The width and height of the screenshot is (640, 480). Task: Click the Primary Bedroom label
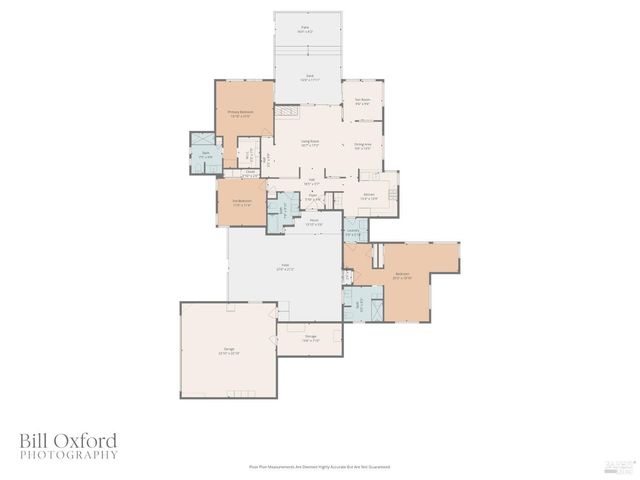pyautogui.click(x=239, y=114)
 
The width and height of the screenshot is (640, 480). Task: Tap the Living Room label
pyautogui.click(x=310, y=144)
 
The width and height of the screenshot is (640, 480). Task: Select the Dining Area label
pyautogui.click(x=362, y=145)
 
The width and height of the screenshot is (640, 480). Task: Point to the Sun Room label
pyautogui.click(x=362, y=101)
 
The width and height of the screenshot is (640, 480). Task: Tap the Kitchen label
pyautogui.click(x=368, y=197)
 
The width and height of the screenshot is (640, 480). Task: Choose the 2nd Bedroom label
pyautogui.click(x=241, y=203)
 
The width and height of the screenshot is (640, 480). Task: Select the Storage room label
pyautogui.click(x=311, y=338)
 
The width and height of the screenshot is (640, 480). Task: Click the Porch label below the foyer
pyautogui.click(x=312, y=223)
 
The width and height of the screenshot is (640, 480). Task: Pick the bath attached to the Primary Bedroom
pyautogui.click(x=204, y=156)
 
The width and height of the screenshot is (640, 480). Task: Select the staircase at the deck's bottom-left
pyautogui.click(x=287, y=110)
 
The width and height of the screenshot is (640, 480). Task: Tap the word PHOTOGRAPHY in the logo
pyautogui.click(x=68, y=456)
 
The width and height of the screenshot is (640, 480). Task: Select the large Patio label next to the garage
pyautogui.click(x=284, y=267)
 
